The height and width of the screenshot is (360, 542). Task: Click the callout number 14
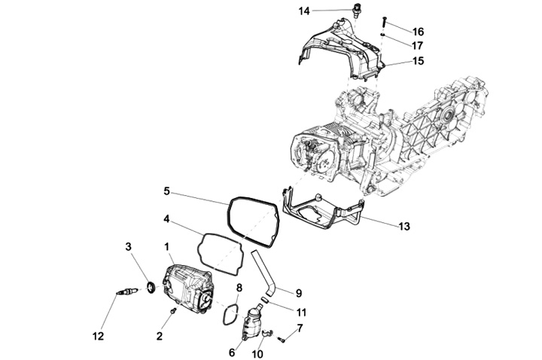coord(304,11)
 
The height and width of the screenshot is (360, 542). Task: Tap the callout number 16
coord(418,32)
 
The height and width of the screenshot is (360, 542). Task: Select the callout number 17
coord(418,45)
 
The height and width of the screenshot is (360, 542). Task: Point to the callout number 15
coord(418,60)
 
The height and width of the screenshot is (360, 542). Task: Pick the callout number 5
coord(166,192)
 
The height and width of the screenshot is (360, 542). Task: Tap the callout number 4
coord(166,220)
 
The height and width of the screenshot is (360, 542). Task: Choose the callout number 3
coord(129,246)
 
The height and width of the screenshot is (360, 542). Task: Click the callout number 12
coord(99,334)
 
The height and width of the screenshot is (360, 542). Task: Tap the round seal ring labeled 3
coord(149,286)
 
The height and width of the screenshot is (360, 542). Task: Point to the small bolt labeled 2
coord(172,310)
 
